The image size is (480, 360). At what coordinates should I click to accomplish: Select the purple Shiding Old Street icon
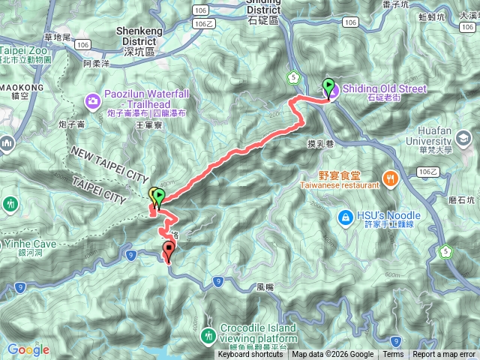click(334, 89)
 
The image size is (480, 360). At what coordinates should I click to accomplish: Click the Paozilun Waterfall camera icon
click(93, 100)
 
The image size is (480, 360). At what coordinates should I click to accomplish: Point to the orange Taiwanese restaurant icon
click(390, 178)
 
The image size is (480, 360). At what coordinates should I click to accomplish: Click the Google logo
click(28, 349)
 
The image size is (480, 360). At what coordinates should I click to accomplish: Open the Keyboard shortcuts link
click(250, 355)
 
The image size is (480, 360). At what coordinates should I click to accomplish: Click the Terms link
click(393, 355)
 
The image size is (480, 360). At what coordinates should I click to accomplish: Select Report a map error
click(443, 355)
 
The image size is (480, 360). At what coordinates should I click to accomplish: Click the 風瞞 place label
click(262, 286)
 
